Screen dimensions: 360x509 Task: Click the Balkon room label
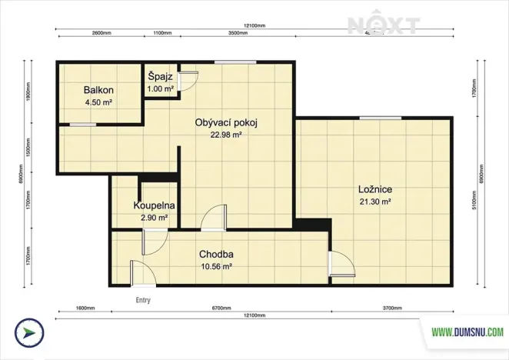click(x=99, y=90)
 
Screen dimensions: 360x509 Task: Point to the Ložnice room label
click(x=376, y=190)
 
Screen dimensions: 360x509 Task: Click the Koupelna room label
click(x=154, y=206)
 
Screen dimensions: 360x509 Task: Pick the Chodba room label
click(x=216, y=255)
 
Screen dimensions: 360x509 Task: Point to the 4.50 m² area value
click(x=99, y=101)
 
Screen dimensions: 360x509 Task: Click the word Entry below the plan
click(x=143, y=300)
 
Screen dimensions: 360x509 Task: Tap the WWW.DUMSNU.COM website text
click(x=467, y=332)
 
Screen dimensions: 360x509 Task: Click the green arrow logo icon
click(x=29, y=333)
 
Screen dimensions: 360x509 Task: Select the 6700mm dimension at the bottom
click(x=221, y=308)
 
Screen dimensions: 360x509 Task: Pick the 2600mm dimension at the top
click(x=102, y=34)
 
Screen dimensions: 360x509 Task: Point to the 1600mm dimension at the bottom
click(x=85, y=308)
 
